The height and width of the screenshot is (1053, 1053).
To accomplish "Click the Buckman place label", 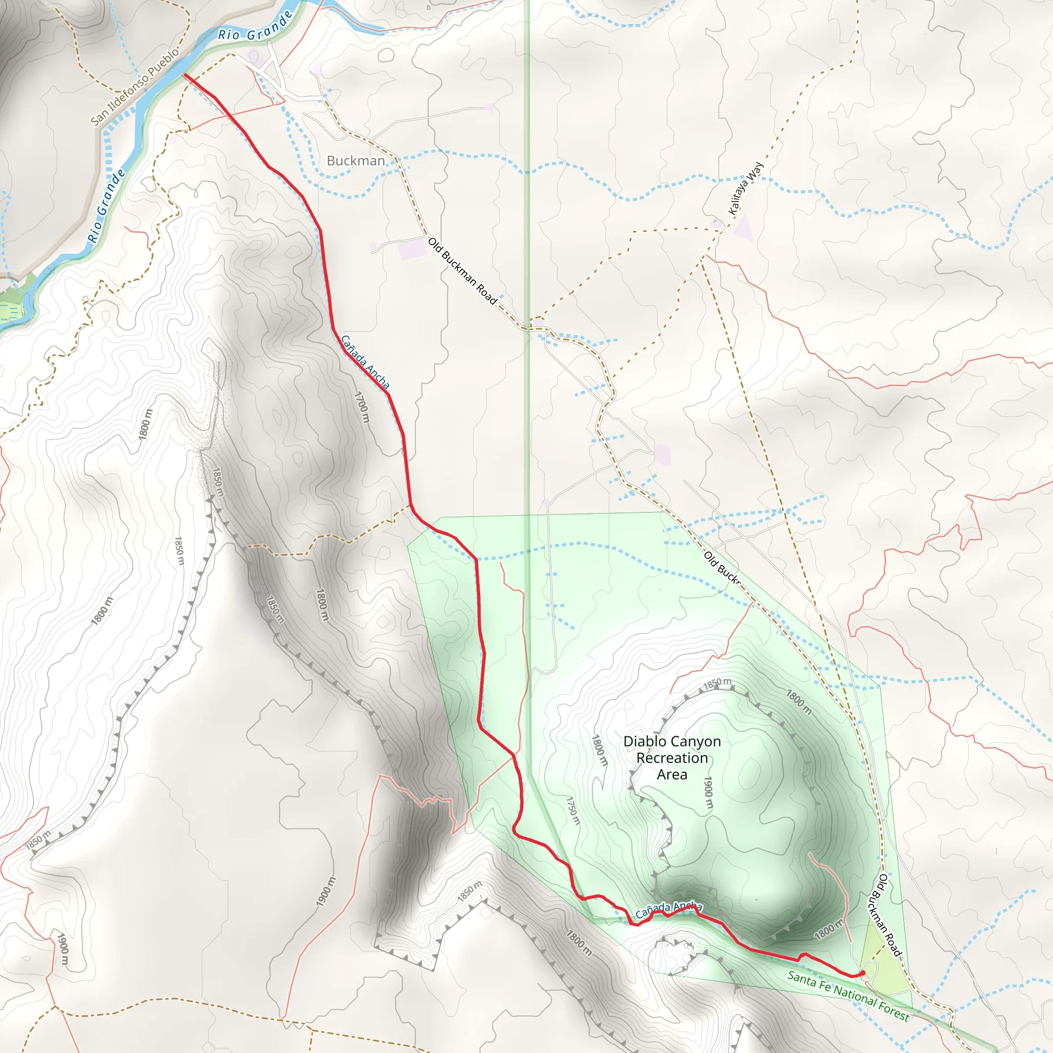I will [x=355, y=161].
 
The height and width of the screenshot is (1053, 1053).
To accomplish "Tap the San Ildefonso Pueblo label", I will [x=135, y=87].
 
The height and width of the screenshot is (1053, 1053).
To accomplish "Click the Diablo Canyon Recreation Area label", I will [x=672, y=757].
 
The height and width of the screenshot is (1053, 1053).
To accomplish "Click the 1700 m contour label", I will [x=362, y=407].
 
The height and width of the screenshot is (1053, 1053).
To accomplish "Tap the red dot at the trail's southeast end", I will [x=862, y=973].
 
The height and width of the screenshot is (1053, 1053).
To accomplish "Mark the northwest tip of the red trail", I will [x=185, y=75].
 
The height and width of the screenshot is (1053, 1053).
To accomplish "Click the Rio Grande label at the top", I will [x=255, y=27].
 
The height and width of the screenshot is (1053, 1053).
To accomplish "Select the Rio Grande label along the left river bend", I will [x=107, y=206].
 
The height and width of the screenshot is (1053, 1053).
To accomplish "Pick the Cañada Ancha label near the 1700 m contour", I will [x=365, y=362].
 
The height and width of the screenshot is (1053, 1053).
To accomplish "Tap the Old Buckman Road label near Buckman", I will [x=462, y=271].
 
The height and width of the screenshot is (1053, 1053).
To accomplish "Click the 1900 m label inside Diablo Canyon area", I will [x=708, y=792].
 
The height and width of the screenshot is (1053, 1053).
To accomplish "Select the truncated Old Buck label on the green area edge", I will [x=722, y=568].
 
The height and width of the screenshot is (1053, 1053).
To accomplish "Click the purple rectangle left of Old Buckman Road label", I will [x=412, y=248].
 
